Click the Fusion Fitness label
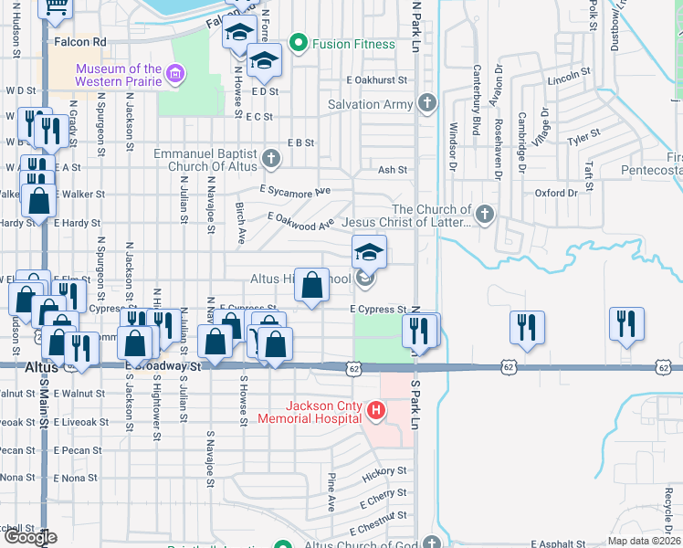353,44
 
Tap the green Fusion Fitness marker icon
297,43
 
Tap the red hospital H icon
375,411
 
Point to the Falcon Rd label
80,41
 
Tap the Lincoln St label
571,80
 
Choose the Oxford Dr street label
557,193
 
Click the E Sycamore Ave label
294,190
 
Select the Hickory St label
384,472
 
